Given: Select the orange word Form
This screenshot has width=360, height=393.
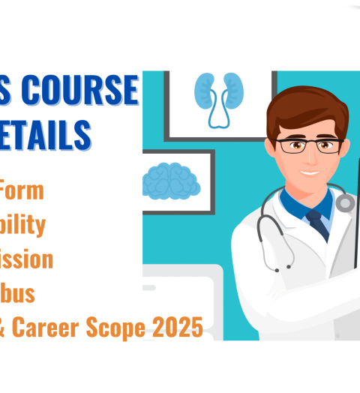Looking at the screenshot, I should (x=22, y=190).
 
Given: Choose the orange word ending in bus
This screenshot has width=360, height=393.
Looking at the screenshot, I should (x=18, y=293).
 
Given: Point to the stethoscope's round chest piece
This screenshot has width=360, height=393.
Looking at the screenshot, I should (x=346, y=202).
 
